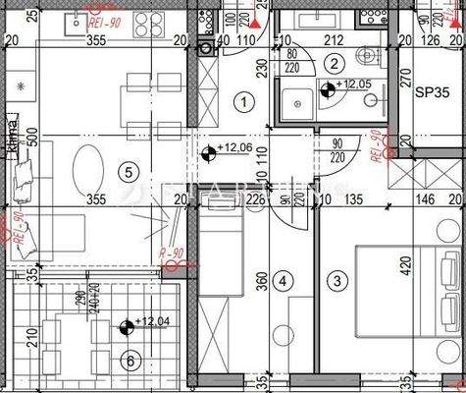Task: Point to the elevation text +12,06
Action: pyautogui.click(x=233, y=148)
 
